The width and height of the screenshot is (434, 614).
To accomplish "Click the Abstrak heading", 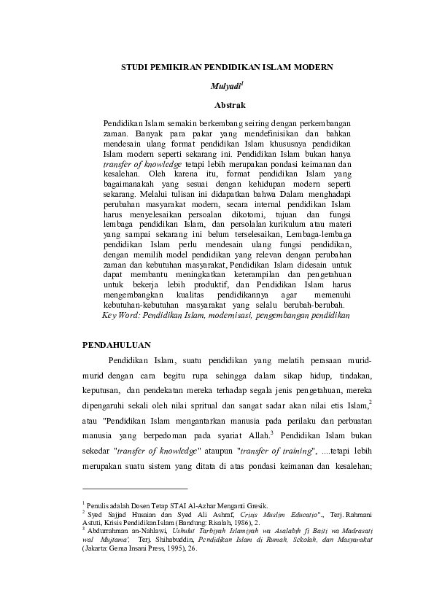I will coord(217,105).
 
